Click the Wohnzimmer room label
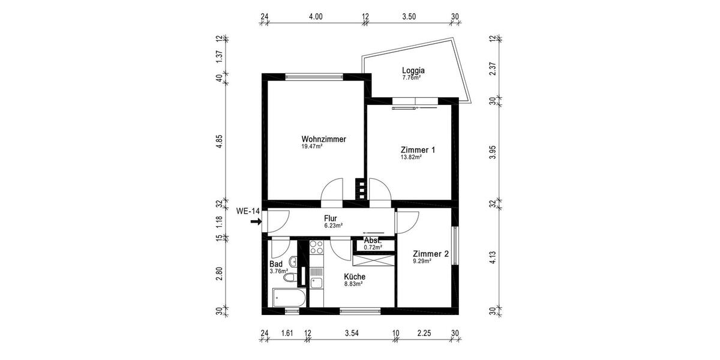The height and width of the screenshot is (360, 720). tap(323, 139)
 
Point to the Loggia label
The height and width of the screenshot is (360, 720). tap(413, 70)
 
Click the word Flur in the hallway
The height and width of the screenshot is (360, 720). tap(330, 218)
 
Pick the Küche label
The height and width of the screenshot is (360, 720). tap(355, 277)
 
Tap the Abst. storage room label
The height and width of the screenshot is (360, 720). tap(373, 241)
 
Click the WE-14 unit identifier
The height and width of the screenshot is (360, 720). tap(248, 211)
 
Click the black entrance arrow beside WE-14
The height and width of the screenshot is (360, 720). tap(256, 221)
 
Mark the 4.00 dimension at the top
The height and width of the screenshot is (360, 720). tap(316, 17)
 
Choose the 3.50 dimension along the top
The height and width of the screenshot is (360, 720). tap(409, 17)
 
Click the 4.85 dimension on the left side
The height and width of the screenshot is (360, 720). tap(220, 141)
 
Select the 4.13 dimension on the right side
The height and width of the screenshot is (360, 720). tap(493, 258)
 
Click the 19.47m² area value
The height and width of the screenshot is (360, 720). tap(312, 146)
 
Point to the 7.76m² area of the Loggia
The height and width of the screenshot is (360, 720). tap(411, 77)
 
